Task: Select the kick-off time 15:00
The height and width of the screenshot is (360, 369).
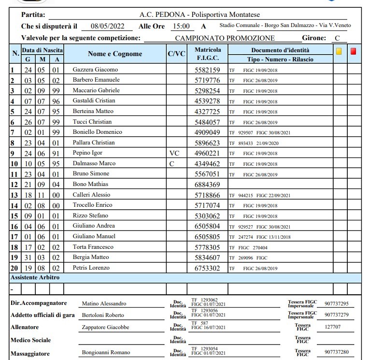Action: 181,27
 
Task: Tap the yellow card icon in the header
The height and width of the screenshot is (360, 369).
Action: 339,51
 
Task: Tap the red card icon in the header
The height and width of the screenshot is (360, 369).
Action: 354,51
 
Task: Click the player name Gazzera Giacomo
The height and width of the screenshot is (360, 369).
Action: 95,70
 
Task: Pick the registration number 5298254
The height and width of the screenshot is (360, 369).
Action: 207,91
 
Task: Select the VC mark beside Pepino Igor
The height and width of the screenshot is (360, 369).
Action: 174,153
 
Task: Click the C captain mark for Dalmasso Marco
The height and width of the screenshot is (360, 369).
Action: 171,164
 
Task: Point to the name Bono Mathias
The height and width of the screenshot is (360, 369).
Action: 90,184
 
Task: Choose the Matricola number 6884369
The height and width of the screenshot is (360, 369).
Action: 207,185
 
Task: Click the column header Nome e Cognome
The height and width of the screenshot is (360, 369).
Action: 115,54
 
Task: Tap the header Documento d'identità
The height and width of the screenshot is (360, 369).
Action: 280,50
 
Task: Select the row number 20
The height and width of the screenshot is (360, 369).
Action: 14,268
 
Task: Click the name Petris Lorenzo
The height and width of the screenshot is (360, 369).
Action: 91,268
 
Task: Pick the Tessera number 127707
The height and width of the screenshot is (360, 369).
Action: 333,327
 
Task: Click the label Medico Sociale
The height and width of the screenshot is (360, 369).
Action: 31,340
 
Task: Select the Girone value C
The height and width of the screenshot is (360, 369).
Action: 337,38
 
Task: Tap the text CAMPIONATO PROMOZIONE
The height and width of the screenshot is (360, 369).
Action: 225,38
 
